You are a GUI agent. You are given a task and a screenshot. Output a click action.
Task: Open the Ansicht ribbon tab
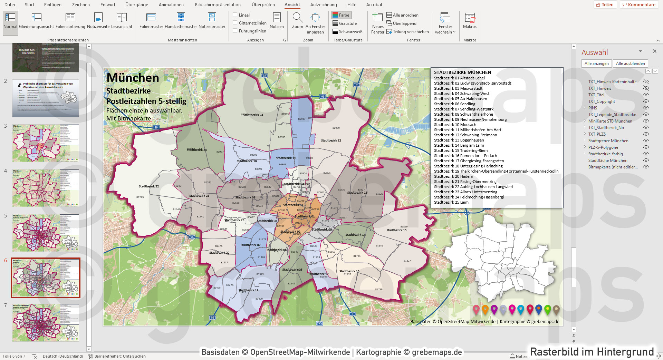pyautogui.click(x=292, y=4)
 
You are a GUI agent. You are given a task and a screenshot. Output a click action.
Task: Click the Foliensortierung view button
pyautogui.click(x=70, y=21)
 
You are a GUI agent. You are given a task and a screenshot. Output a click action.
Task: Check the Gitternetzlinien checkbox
pyautogui.click(x=235, y=23)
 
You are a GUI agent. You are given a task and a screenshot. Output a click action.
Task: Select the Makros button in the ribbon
pyautogui.click(x=470, y=21)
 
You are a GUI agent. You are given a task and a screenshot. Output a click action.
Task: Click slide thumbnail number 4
pyautogui.click(x=46, y=188)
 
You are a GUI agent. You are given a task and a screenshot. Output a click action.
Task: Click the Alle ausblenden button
pyautogui.click(x=630, y=64)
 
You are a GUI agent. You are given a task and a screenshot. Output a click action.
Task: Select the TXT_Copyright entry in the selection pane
pyautogui.click(x=602, y=101)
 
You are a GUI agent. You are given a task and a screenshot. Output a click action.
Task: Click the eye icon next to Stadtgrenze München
pyautogui.click(x=646, y=141)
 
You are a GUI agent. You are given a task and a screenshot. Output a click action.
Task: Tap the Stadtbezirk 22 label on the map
pyautogui.click(x=149, y=186)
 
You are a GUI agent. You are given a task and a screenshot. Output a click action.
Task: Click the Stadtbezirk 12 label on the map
pyautogui.click(x=331, y=140)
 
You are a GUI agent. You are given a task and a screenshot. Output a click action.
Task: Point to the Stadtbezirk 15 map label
pyautogui.click(x=396, y=230)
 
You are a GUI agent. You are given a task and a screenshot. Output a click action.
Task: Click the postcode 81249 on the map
pyautogui.click(x=140, y=197)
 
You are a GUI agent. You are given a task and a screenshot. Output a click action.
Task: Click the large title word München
pyautogui.click(x=133, y=78)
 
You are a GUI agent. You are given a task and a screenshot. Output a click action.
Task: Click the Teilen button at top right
pyautogui.click(x=605, y=4)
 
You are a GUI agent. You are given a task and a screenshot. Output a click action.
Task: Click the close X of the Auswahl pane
pyautogui.click(x=654, y=51)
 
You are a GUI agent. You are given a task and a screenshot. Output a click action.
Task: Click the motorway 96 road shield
pyautogui.click(x=192, y=237)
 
